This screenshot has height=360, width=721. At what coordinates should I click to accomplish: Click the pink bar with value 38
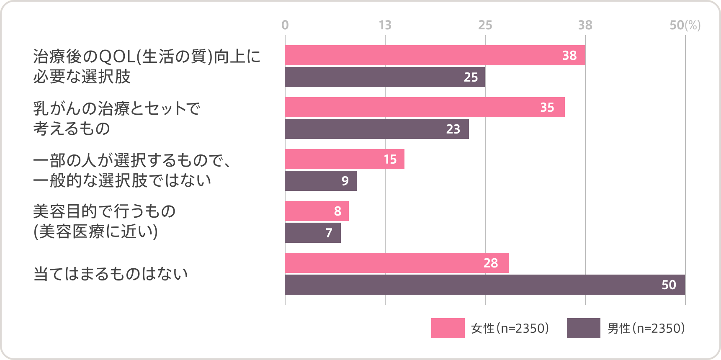[435, 55]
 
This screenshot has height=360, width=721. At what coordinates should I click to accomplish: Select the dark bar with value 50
[484, 285]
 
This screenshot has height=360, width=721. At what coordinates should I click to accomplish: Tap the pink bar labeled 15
[344, 159]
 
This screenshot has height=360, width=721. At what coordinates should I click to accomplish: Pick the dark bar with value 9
[320, 181]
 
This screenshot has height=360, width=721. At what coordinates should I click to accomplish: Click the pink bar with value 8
[317, 211]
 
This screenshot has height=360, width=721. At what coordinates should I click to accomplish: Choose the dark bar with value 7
[312, 233]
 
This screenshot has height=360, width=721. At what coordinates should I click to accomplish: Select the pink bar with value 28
[396, 263]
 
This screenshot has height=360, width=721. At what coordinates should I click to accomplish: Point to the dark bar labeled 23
[376, 129]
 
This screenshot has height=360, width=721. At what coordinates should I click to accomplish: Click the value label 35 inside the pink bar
[547, 108]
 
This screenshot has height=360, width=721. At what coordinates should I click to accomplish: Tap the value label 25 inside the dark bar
[471, 77]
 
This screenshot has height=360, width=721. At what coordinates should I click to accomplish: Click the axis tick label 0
[285, 25]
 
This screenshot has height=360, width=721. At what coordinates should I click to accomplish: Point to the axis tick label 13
[385, 25]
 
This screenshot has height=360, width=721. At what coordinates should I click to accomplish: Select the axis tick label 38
[585, 25]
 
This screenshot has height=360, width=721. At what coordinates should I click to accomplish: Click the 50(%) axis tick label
[685, 25]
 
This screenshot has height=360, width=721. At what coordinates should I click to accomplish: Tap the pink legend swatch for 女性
[448, 328]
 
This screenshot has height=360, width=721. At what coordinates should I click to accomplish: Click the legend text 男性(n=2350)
[646, 328]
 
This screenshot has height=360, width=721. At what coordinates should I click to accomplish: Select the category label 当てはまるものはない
[111, 274]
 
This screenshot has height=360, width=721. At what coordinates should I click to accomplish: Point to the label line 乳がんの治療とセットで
[117, 108]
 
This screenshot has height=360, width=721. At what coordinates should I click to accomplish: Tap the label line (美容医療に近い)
[95, 231]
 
